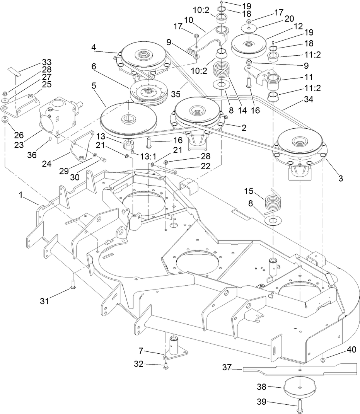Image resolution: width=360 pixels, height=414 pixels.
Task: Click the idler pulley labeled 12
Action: [x=249, y=46]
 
